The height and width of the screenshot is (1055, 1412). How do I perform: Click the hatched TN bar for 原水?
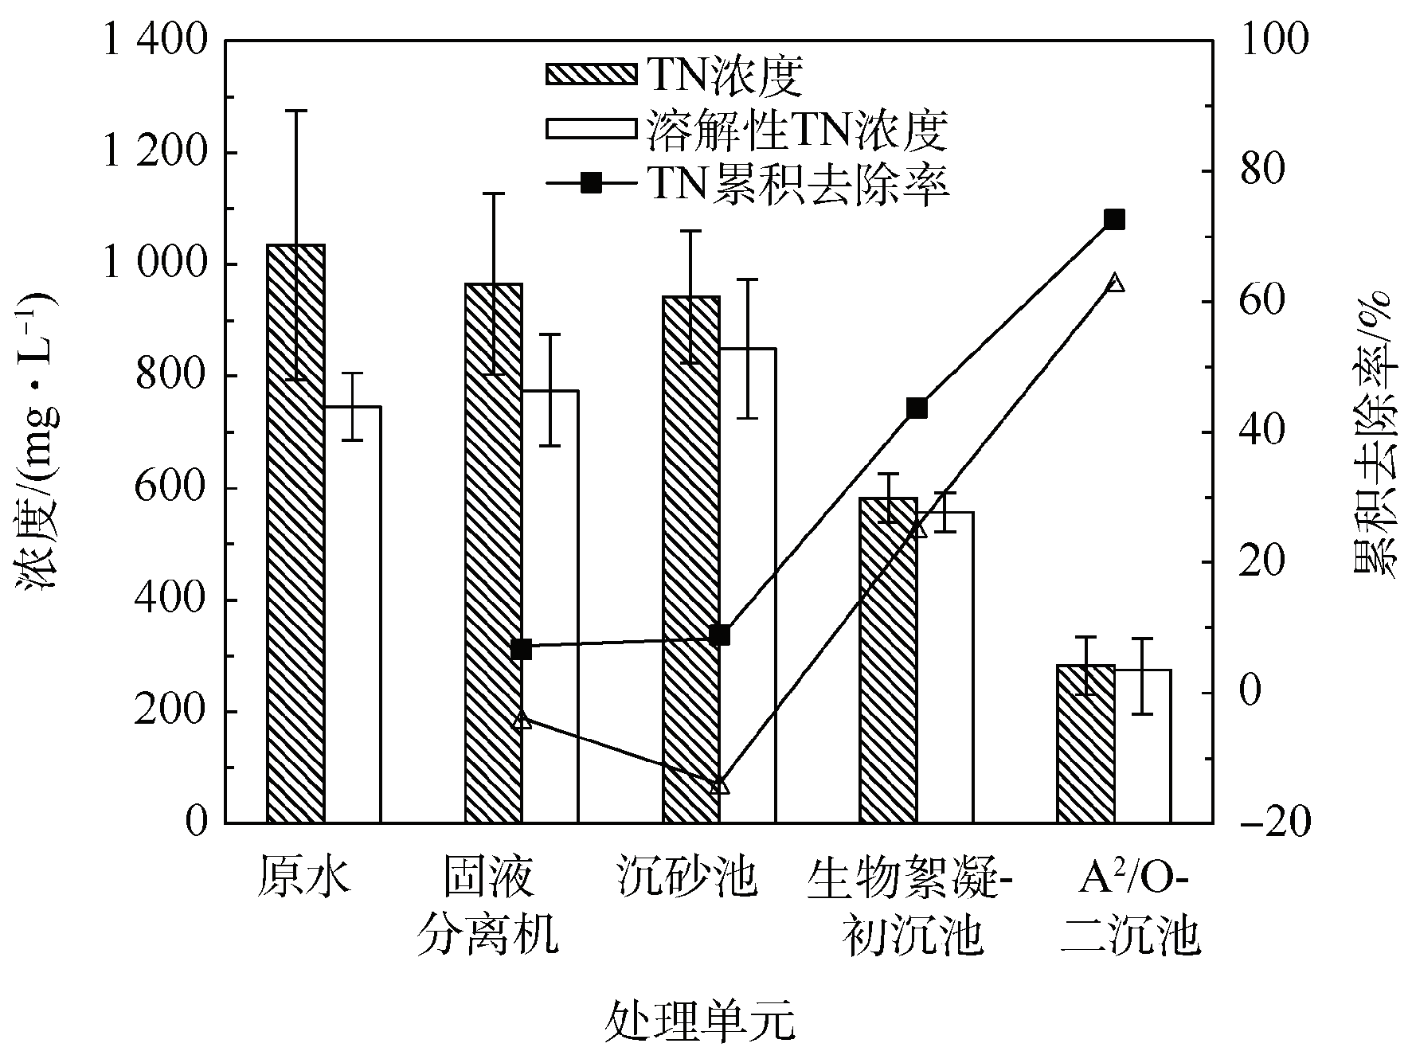click(x=295, y=533)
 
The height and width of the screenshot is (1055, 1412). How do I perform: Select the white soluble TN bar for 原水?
click(x=352, y=614)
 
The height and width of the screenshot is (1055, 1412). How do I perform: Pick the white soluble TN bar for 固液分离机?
click(x=550, y=606)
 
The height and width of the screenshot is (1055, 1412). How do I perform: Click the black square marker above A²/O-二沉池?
click(x=1114, y=220)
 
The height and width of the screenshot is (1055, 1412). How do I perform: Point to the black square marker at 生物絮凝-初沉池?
click(x=917, y=408)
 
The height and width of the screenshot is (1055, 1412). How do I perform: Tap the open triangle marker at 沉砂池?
click(x=719, y=785)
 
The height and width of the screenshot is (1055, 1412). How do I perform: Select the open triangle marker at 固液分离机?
click(x=522, y=720)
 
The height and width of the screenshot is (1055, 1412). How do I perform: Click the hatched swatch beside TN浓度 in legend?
click(x=591, y=75)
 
